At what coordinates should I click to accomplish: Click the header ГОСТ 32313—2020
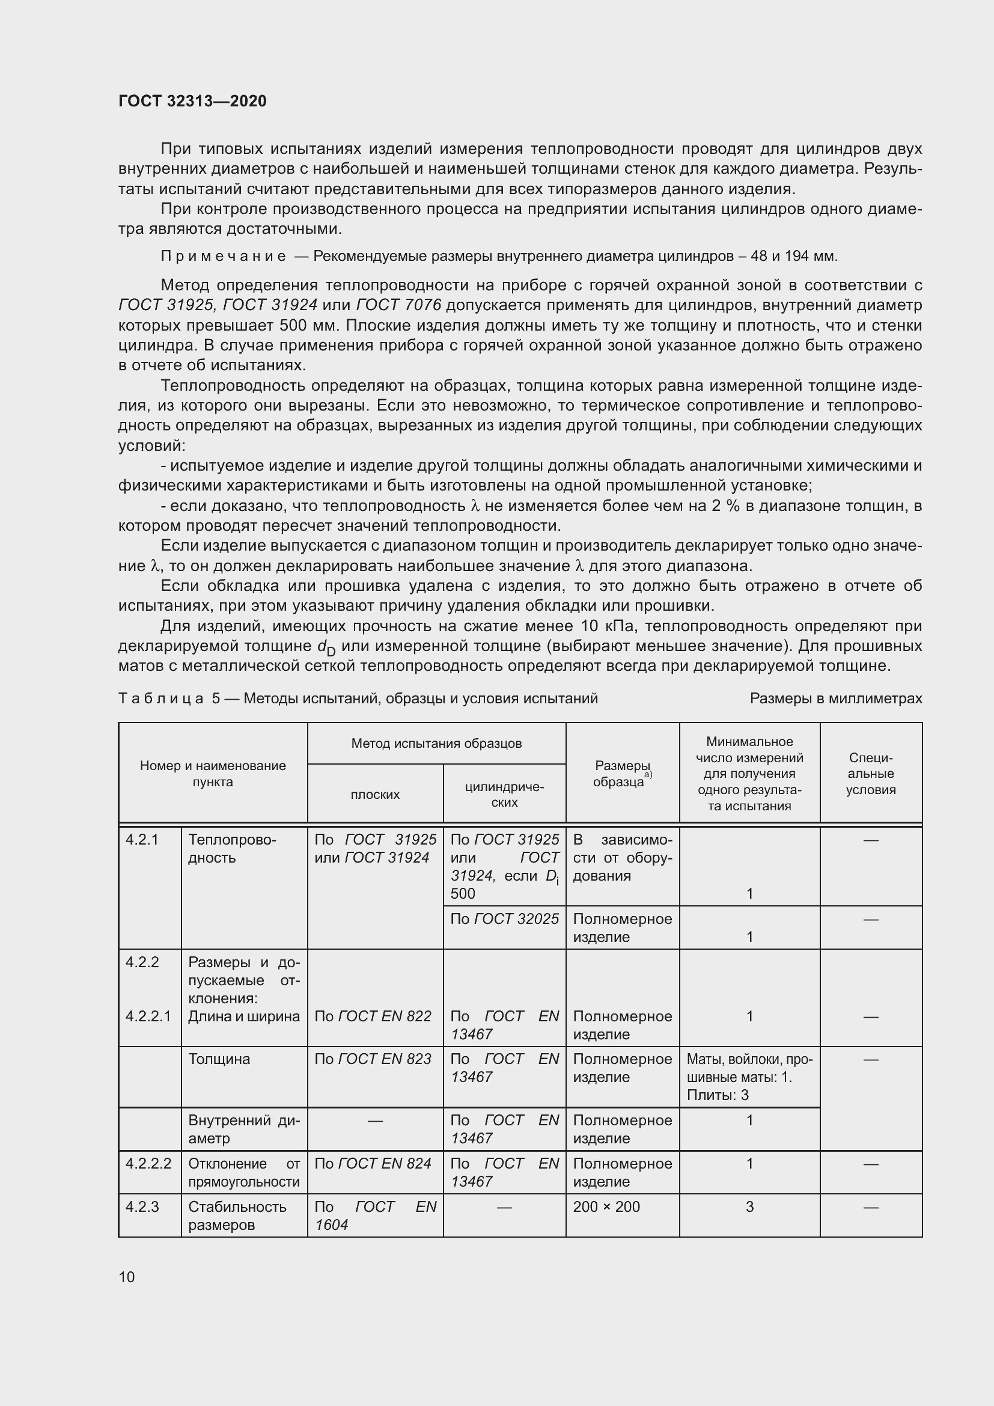coord(192,101)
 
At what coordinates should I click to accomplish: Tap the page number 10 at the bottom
coord(127,1277)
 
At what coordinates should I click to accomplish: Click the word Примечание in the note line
coord(224,256)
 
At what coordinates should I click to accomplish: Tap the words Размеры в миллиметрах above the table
coord(835,698)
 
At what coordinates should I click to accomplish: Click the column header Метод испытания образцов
coord(436,744)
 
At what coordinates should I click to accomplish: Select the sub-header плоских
coord(374,795)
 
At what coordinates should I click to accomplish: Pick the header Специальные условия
coord(870,774)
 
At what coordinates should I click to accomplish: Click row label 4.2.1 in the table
coord(142,840)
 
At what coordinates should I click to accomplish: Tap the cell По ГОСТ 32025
coord(504,918)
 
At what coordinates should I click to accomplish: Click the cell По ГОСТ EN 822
coord(373,1016)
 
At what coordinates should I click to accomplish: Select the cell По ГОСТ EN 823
coord(373,1059)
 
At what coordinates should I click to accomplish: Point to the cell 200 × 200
coord(606,1206)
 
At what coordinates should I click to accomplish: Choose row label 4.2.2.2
coord(148,1164)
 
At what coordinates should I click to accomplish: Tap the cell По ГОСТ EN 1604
coord(374,1215)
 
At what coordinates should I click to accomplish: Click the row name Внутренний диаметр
coord(243,1129)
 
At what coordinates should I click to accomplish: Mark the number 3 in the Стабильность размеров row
coord(749,1206)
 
